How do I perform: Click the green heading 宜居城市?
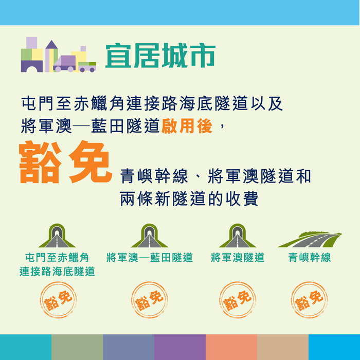[x=160, y=56]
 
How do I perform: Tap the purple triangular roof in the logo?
[x=51, y=45]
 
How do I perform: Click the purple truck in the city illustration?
[x=64, y=64]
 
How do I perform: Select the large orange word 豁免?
[x=65, y=162]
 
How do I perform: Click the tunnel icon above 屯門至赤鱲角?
[x=57, y=236]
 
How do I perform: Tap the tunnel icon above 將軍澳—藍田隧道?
[x=150, y=236]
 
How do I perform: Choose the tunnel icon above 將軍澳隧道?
[x=238, y=236]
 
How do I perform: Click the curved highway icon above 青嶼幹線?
[x=310, y=240]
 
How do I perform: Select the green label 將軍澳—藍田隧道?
[x=150, y=257]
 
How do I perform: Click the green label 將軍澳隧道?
[x=238, y=257]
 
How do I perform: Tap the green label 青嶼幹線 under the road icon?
[x=310, y=257]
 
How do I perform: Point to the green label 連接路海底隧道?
[x=57, y=272]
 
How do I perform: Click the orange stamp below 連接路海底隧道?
[x=58, y=300]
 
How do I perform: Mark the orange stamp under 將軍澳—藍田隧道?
[x=150, y=300]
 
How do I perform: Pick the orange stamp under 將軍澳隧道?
[x=238, y=300]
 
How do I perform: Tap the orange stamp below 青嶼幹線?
[x=310, y=300]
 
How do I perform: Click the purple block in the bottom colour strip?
[x=180, y=347]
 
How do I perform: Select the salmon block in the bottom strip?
[x=231, y=347]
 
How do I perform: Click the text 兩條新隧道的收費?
[x=189, y=199]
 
